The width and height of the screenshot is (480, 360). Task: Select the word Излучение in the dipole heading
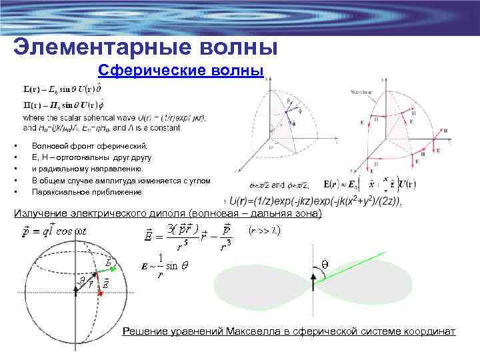(x=43, y=213)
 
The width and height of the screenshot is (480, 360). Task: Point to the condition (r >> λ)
(x=263, y=231)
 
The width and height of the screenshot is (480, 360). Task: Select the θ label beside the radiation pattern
(x=325, y=263)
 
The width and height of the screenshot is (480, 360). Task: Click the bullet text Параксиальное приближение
(x=87, y=192)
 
